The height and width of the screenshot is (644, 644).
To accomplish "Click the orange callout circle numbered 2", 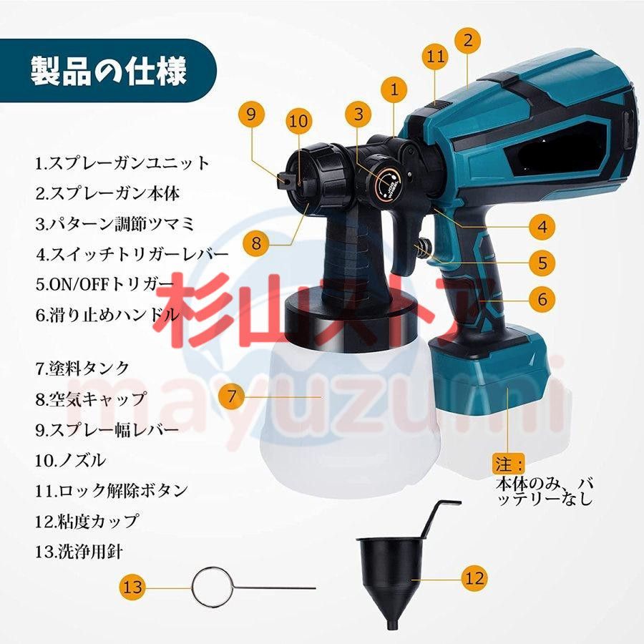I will [x=467, y=40].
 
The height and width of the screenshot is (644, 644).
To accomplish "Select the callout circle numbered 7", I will [x=231, y=397].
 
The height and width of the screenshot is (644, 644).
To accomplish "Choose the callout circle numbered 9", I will [x=251, y=113].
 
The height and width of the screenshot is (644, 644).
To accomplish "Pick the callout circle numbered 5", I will [x=542, y=262].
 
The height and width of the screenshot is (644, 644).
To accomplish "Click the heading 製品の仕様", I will [x=108, y=72].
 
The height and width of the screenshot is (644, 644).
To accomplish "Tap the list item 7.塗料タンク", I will [x=83, y=369].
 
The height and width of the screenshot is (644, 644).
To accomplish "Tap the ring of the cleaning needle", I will [x=211, y=587].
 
